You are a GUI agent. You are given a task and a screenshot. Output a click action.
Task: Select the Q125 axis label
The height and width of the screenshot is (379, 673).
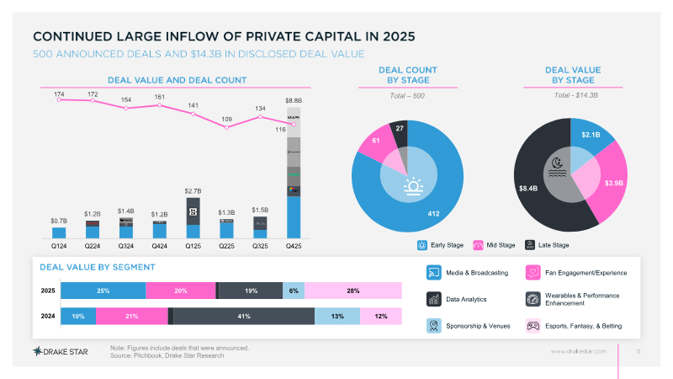[x=193, y=247]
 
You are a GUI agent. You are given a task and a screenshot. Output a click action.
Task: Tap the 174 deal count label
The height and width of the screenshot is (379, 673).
[x=59, y=94]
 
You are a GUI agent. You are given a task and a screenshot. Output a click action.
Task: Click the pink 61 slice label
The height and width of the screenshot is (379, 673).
[x=376, y=140]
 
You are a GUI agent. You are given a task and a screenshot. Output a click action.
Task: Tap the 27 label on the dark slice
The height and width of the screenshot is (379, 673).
[x=400, y=128]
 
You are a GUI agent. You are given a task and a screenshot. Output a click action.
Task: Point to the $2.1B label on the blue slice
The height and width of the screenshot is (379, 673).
[x=591, y=133]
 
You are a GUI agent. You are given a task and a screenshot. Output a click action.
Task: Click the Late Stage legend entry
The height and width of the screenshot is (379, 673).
[x=548, y=245]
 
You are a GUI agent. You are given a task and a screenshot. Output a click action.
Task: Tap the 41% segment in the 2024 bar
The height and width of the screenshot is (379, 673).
[x=244, y=316]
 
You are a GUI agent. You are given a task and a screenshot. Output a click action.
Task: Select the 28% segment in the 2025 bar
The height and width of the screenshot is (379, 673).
[x=352, y=291]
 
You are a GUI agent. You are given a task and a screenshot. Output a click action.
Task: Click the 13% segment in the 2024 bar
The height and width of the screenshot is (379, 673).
[x=337, y=316]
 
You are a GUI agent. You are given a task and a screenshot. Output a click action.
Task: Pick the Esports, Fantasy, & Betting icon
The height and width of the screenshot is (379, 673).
[x=533, y=325]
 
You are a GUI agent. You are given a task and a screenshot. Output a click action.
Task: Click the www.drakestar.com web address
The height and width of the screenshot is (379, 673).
[x=578, y=350]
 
